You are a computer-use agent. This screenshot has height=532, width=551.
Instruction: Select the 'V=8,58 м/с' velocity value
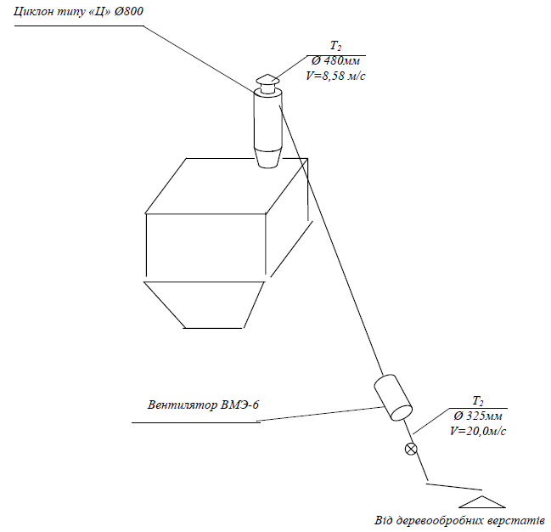340,76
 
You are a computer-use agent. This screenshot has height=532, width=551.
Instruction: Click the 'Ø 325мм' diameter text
477,416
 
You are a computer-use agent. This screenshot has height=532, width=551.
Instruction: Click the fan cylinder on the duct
392,399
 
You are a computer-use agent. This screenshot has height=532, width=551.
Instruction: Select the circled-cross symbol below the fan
412,449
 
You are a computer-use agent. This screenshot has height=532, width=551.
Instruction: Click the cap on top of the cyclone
267,82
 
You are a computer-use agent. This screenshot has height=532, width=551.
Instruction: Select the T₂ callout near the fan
477,402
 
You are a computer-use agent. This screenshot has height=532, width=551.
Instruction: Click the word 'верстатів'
518,520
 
